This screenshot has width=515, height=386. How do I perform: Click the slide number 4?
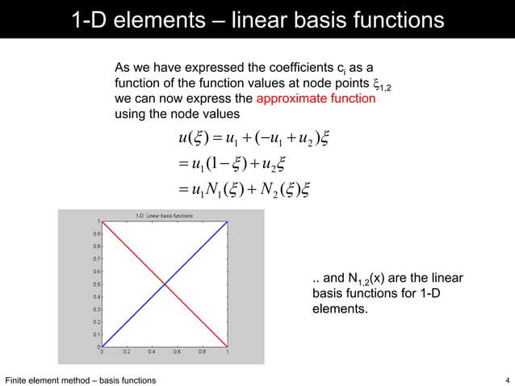point(506,380)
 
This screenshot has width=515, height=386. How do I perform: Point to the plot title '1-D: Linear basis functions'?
point(166,213)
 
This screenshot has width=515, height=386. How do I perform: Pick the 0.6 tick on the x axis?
point(177,352)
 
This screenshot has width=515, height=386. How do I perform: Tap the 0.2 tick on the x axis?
point(127,352)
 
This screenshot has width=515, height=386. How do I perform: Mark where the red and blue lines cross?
point(165,284)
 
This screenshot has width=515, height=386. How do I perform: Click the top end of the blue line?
point(228,221)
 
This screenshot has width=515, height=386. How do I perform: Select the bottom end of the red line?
point(228,346)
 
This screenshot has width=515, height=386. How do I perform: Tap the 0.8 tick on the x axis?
point(202,352)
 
